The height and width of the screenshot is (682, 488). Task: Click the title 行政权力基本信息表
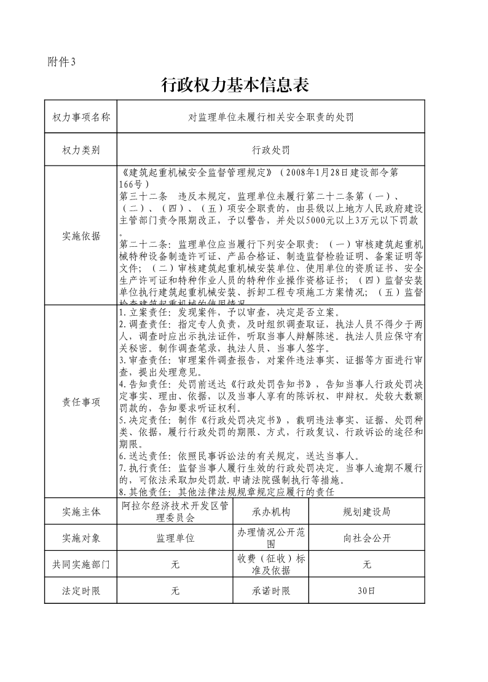[234, 85]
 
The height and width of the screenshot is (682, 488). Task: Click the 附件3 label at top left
[61, 61]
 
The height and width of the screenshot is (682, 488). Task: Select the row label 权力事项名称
[81, 116]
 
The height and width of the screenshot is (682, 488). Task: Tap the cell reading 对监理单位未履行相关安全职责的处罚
[270, 116]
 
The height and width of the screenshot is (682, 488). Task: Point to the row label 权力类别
[81, 150]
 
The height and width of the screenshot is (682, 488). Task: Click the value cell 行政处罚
[270, 150]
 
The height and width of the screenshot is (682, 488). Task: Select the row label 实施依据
[81, 236]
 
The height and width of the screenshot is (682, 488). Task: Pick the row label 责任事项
[81, 402]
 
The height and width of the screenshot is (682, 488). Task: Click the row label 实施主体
[81, 511]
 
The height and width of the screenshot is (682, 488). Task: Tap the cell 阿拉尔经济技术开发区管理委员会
[175, 511]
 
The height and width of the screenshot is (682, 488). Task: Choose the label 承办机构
[270, 511]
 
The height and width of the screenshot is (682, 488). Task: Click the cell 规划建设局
[366, 511]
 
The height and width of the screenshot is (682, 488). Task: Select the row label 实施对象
[81, 537]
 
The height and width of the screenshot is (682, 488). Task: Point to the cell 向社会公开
[366, 537]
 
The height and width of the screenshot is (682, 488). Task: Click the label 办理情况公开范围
[270, 537]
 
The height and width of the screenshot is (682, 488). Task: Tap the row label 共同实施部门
[81, 564]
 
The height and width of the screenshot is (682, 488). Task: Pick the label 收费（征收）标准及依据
[270, 564]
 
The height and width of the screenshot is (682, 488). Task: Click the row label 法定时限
[81, 591]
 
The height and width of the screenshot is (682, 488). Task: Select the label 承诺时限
[270, 591]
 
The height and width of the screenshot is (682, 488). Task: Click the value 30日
[366, 591]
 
